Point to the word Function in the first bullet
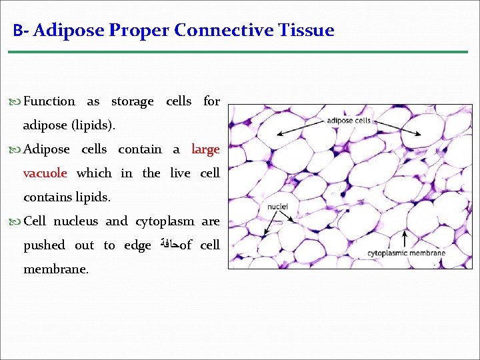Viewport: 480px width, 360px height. pos(49,101)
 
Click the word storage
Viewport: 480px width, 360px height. pos(132,101)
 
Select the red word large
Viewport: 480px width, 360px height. pos(205,149)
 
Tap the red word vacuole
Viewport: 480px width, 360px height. pos(45,173)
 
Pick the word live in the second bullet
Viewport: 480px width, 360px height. pos(180,173)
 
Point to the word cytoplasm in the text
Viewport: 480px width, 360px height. pos(165,221)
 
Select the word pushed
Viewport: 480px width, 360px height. pos(44,245)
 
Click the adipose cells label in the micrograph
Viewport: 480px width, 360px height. pos(349,121)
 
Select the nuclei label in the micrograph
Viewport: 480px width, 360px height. pos(277,207)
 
